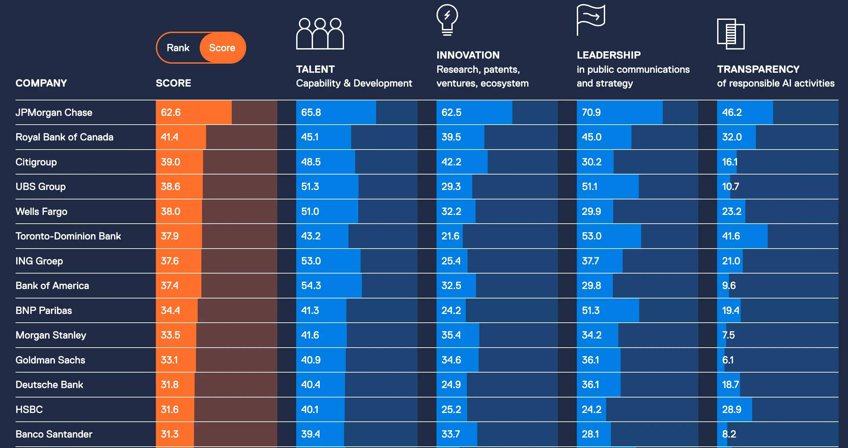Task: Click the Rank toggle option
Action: coord(178,48)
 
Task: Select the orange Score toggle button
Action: coord(223,48)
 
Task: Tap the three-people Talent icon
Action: coord(320,34)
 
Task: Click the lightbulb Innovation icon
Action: coord(447,20)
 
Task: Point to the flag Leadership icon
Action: coord(591,20)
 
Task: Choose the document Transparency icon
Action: coord(731,34)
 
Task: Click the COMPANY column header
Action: coord(41,83)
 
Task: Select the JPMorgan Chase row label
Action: coord(54,113)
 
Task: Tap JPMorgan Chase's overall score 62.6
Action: coord(171,113)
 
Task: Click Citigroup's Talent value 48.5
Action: coord(311,162)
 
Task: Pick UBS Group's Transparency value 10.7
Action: coord(730,187)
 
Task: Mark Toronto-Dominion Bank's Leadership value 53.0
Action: coord(592,236)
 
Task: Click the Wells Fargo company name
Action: coord(41,212)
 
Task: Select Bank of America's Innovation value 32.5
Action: coord(451,286)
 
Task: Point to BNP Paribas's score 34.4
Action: coord(170,311)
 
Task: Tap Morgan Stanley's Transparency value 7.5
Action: coord(728,335)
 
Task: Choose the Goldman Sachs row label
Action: coord(50,360)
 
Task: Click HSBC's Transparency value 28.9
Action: coord(732,410)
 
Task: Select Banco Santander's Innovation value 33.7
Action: coord(451,434)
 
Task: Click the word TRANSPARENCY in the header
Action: coord(758,69)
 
